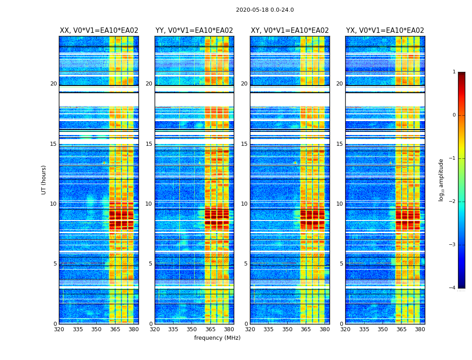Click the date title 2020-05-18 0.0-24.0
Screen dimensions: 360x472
pyautogui.click(x=265, y=10)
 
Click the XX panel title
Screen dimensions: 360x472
pyautogui.click(x=99, y=31)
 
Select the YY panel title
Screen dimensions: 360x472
pyautogui.click(x=194, y=31)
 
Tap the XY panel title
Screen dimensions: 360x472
pyautogui.click(x=290, y=31)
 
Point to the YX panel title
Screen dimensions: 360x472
pyautogui.click(x=385, y=31)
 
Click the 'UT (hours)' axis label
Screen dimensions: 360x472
pyautogui.click(x=44, y=180)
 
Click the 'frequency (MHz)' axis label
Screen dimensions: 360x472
pyautogui.click(x=217, y=338)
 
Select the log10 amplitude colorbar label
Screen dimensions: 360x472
pyautogui.click(x=441, y=180)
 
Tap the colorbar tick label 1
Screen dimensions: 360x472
pyautogui.click(x=454, y=72)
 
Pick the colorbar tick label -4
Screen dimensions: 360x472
pyautogui.click(x=453, y=288)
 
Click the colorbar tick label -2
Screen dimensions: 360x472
pyautogui.click(x=453, y=202)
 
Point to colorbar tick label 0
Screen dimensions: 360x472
pyautogui.click(x=454, y=115)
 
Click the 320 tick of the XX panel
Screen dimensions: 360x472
pyautogui.click(x=59, y=329)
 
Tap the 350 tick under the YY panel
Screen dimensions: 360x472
pyautogui.click(x=192, y=329)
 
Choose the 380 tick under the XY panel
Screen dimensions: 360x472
pyautogui.click(x=325, y=329)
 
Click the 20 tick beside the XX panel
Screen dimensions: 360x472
pyautogui.click(x=53, y=84)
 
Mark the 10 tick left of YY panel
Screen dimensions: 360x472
pyautogui.click(x=149, y=204)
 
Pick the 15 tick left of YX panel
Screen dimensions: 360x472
pyautogui.click(x=339, y=144)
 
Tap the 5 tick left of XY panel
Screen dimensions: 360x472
pyautogui.click(x=246, y=264)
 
